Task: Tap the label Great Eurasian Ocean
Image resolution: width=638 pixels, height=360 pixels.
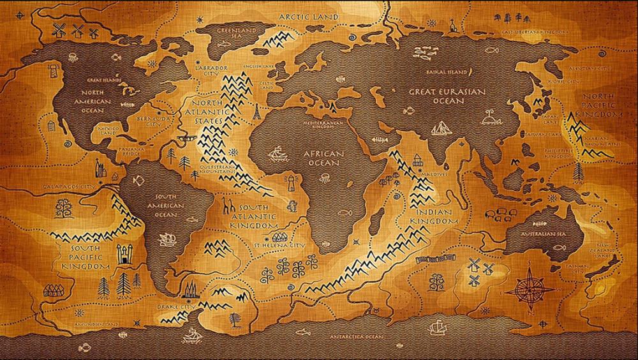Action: [x=447, y=96]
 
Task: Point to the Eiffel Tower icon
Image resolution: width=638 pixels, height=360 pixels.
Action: [x=256, y=113]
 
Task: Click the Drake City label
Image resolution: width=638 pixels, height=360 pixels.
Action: [x=175, y=307]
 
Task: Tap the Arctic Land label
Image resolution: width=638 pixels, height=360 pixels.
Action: [x=304, y=14]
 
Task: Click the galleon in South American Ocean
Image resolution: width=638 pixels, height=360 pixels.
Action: [x=167, y=239]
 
